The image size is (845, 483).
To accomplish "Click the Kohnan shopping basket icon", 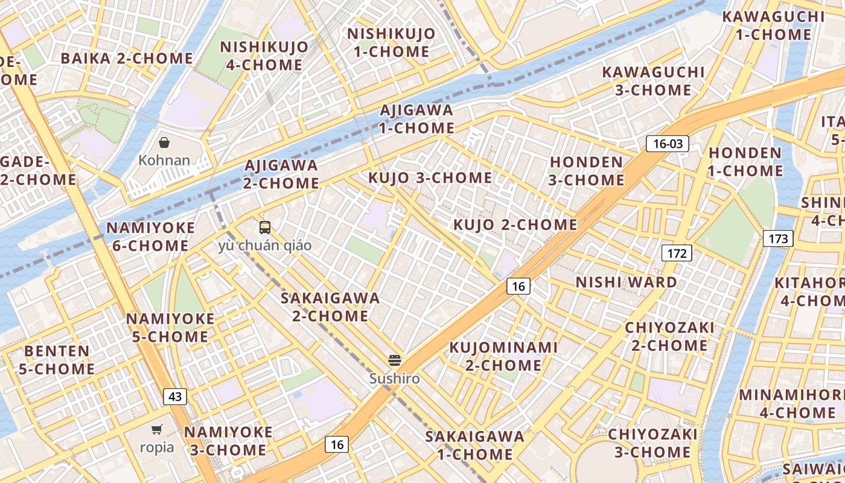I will tap(164, 142).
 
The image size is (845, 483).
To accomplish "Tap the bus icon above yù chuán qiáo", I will tap(265, 228).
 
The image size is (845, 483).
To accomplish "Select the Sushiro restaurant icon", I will tap(395, 360).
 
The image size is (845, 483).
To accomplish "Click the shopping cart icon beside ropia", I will tap(157, 429).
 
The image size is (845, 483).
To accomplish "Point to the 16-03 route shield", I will tap(667, 144).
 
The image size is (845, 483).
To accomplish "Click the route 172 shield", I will tap(677, 253).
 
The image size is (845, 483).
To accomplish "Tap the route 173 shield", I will tap(778, 238).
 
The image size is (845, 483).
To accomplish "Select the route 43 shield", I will tap(175, 397).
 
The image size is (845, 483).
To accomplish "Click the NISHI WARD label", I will tap(626, 282).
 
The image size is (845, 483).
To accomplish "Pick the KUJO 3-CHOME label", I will tap(430, 178).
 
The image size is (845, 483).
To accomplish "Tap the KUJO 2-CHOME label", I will tap(515, 225).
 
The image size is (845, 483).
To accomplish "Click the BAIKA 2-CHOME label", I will tap(127, 59).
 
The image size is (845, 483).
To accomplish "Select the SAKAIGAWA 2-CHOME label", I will tap(330, 307).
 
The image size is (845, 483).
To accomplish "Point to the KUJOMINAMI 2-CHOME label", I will tap(503, 356).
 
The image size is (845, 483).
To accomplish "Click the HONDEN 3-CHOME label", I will tap(586, 171).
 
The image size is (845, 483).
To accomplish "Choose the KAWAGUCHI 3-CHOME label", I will tap(653, 81).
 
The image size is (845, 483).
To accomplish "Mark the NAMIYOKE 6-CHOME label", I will tap(150, 237).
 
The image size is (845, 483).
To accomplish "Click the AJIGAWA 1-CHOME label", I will tap(416, 119).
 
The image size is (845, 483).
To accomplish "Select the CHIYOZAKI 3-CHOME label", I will tap(652, 443).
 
